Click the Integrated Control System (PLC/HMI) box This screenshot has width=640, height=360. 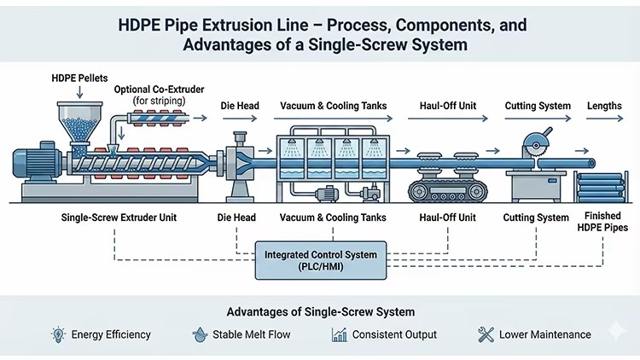pos(320,260)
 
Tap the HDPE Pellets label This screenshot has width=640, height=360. pos(79,78)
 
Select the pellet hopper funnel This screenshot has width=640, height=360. pos(80,124)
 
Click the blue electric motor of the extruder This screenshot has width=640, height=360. pos(38,162)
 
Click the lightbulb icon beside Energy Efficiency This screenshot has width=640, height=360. pos(58,334)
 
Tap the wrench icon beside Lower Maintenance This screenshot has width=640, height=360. pos(486,334)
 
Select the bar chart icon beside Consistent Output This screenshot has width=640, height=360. pos(339,334)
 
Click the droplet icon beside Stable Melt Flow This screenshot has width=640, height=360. pos(200,334)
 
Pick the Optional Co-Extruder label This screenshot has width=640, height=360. pos(160,90)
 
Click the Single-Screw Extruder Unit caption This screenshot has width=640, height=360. pos(119,218)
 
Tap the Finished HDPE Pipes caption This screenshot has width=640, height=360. pos(602,222)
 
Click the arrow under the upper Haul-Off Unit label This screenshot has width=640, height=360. pos(448,119)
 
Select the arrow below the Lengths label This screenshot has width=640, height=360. pos(604,119)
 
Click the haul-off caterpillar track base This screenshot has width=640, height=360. pos(448,191)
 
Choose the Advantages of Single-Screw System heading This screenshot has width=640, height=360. pos(320,312)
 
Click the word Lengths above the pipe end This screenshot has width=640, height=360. pos(604,106)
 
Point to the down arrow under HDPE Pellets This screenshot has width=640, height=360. pos(79,92)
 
